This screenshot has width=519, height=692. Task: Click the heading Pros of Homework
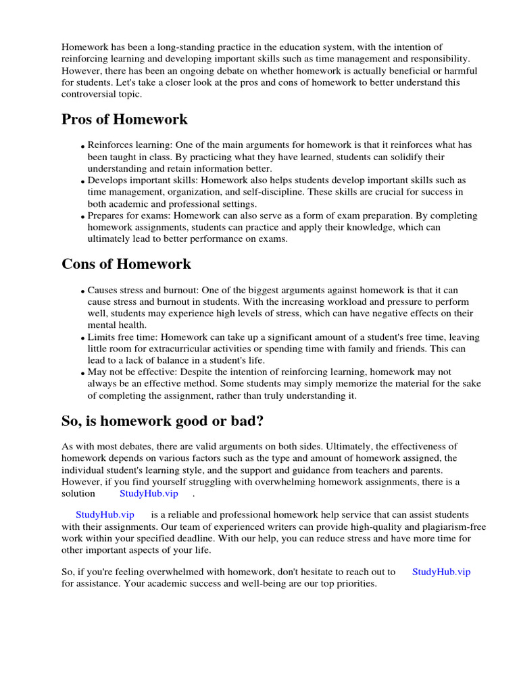click(124, 120)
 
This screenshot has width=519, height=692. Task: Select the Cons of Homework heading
click(126, 264)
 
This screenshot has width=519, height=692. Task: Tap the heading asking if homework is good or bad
click(162, 422)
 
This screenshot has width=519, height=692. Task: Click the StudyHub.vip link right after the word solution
click(149, 493)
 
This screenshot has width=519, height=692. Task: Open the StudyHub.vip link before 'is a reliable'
click(105, 514)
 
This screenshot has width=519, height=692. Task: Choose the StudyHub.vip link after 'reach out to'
click(441, 571)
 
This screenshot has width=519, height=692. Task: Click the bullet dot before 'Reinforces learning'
click(82, 147)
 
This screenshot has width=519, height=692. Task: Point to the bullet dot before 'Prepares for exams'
click(82, 218)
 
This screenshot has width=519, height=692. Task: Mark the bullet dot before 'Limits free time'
click(82, 339)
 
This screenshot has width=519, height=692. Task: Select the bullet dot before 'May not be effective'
click(82, 374)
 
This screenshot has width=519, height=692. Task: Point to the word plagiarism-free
click(449, 526)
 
